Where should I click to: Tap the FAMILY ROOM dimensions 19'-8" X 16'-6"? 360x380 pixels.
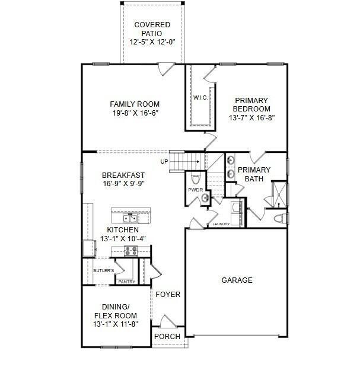(x=135, y=113)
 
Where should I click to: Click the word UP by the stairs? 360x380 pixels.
(x=164, y=161)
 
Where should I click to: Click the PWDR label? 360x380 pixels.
(x=196, y=190)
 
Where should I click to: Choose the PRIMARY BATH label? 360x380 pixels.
(x=254, y=174)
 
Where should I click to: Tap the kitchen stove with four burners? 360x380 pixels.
(x=131, y=251)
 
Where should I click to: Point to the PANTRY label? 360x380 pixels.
(x=126, y=282)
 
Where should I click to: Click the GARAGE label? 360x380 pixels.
(x=237, y=280)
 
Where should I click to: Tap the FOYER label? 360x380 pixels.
(x=168, y=294)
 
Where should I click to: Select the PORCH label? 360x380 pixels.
(x=167, y=336)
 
